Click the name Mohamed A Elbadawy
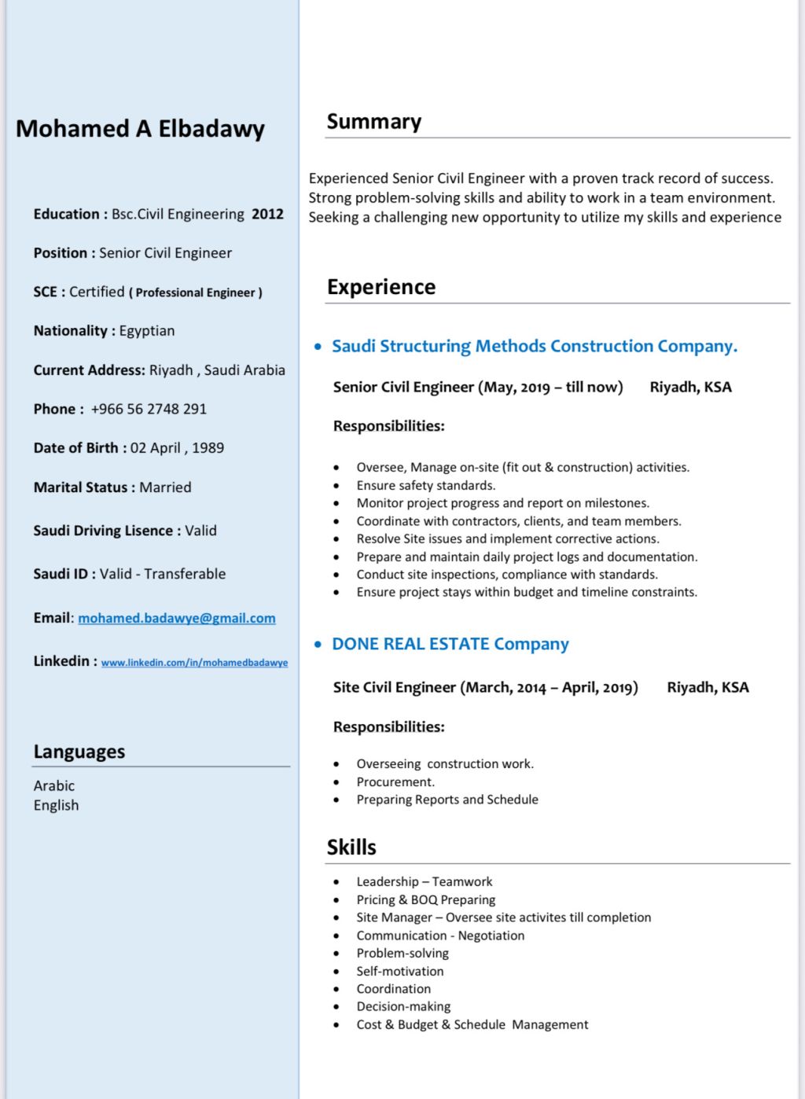coord(140,129)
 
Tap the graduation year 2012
coord(267,214)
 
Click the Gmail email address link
coord(177,618)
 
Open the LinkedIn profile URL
coord(194,663)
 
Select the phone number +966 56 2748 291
coord(149,409)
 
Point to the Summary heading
coord(374,122)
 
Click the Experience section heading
coord(381,287)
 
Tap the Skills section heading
coord(351,847)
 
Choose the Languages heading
coord(79,752)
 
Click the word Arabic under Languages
coord(54,785)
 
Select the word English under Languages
coord(56,805)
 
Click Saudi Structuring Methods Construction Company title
coord(535,346)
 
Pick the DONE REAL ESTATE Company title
coord(450,644)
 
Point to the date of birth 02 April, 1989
coord(177,448)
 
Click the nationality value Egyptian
coord(147,331)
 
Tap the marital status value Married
coord(165,487)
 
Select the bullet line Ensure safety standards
coord(426,485)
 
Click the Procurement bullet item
coord(395,781)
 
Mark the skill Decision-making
coord(403,1006)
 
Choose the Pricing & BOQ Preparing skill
coord(426,899)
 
